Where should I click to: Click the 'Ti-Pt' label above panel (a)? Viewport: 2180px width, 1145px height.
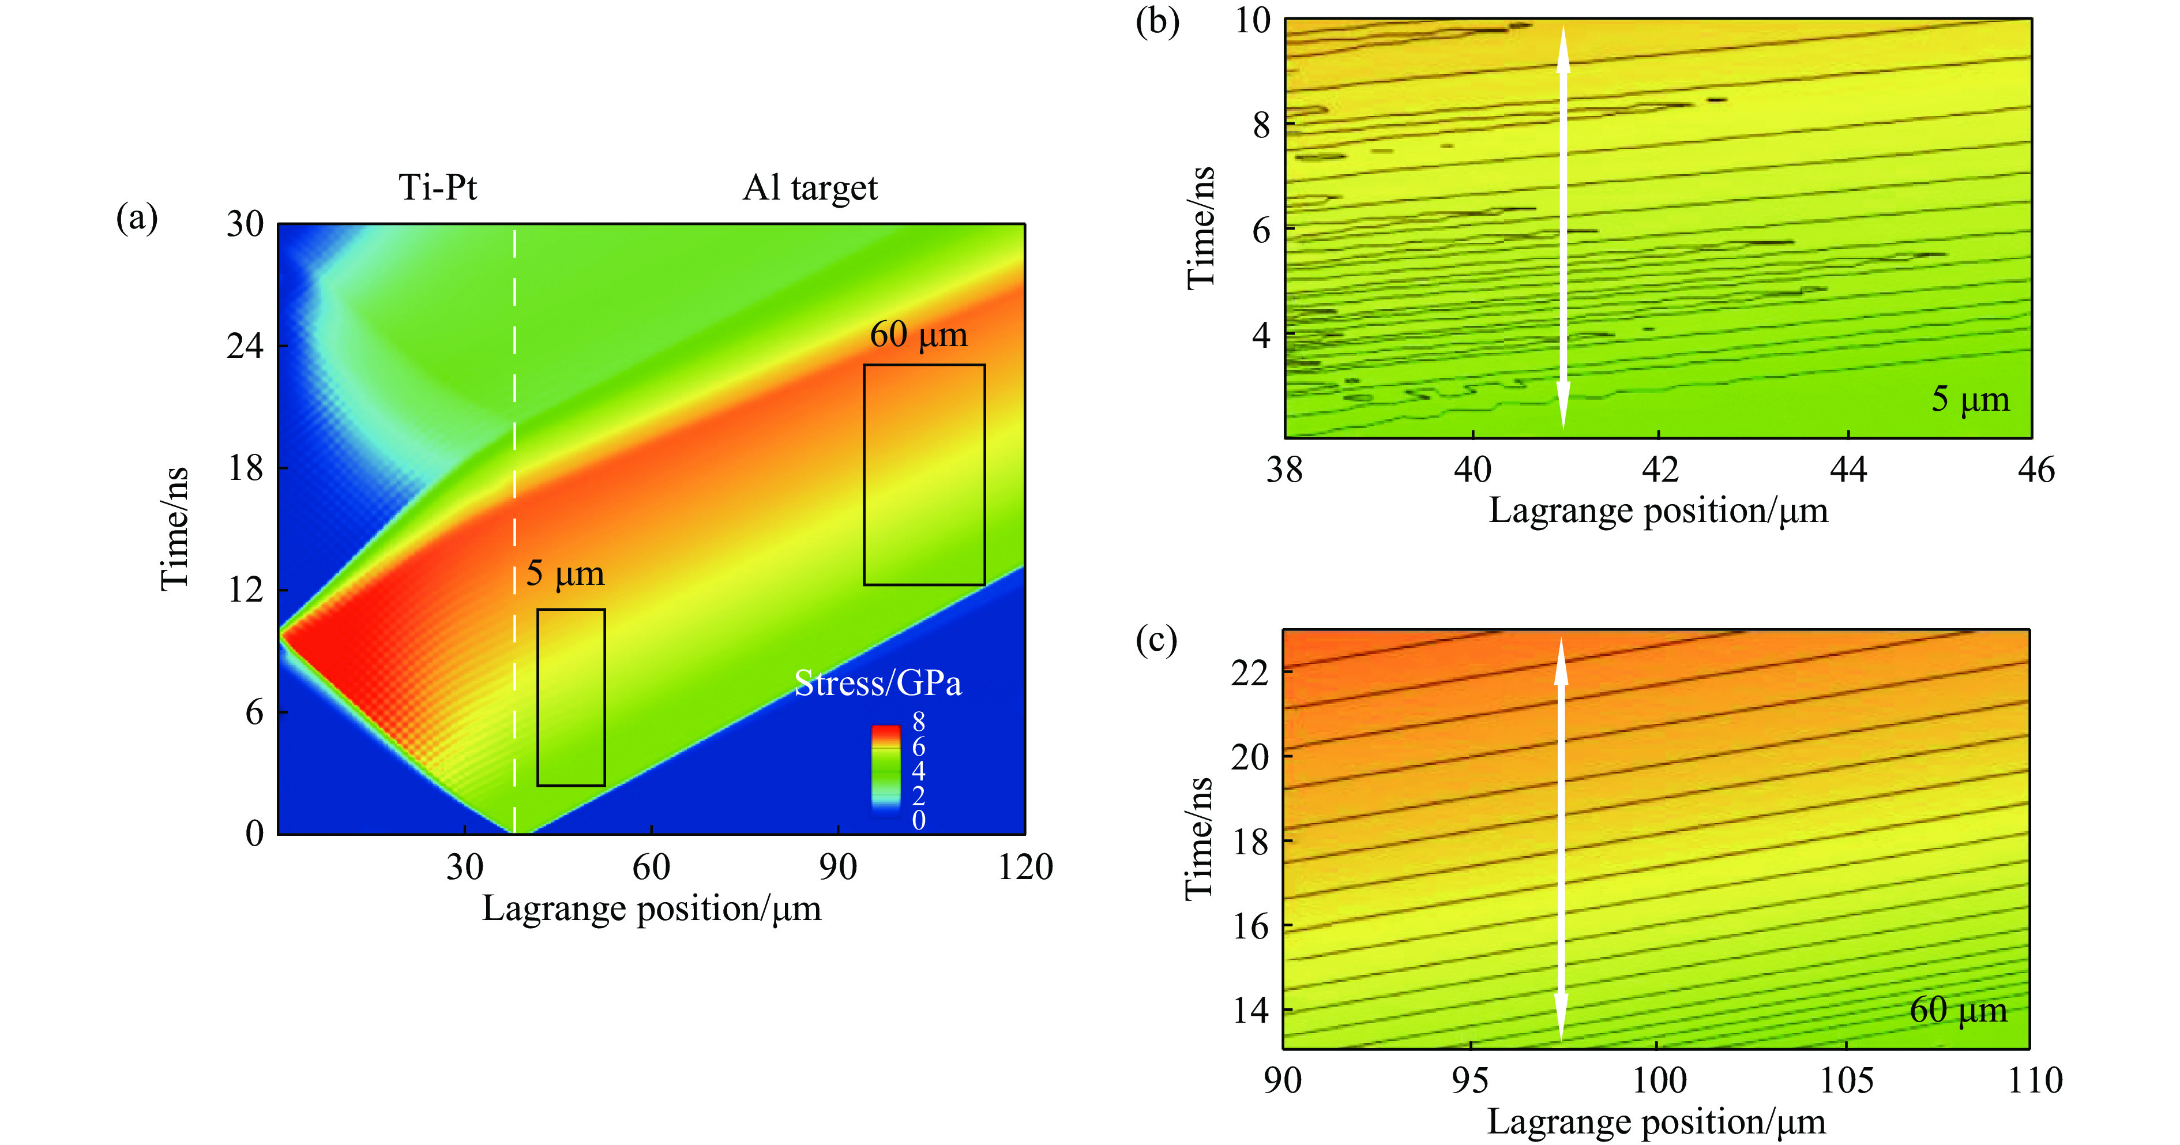click(438, 187)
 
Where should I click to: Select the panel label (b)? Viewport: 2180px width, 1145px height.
click(1157, 21)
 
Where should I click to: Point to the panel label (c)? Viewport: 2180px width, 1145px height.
click(1156, 641)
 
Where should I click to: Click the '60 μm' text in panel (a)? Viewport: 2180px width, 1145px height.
click(918, 335)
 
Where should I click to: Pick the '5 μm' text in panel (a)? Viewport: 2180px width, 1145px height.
click(565, 574)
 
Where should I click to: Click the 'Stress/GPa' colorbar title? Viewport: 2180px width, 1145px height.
click(878, 683)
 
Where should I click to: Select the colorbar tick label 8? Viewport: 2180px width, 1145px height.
click(918, 722)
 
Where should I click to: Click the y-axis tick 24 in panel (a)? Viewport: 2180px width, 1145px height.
click(245, 346)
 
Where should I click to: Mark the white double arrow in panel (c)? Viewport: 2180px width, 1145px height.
click(1561, 838)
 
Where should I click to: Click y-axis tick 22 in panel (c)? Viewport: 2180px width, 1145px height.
click(1249, 673)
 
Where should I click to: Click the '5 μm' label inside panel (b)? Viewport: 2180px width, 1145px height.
click(1969, 399)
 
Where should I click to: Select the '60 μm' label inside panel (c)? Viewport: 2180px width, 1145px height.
click(1957, 1009)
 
